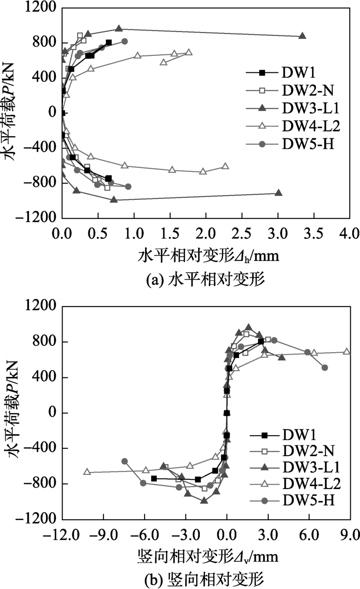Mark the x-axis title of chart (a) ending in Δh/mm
point(209,254)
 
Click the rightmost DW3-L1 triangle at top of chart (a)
point(302,36)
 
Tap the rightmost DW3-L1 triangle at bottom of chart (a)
point(278,193)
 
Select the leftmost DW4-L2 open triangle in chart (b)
point(87,472)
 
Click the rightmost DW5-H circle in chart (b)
point(325,367)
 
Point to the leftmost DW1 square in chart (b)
point(154,478)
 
